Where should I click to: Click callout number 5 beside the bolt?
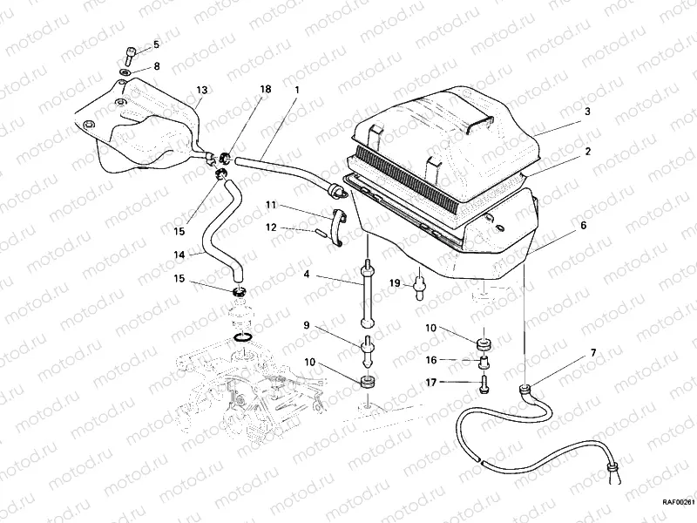(156, 44)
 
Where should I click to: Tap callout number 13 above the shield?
(201, 90)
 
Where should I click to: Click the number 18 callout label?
(265, 90)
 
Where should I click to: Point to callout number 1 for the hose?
(296, 90)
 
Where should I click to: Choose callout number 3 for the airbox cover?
(587, 112)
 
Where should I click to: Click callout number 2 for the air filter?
(587, 151)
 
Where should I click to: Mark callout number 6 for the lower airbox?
(583, 224)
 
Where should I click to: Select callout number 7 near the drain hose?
(593, 352)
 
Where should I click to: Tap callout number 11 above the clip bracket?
(271, 205)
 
